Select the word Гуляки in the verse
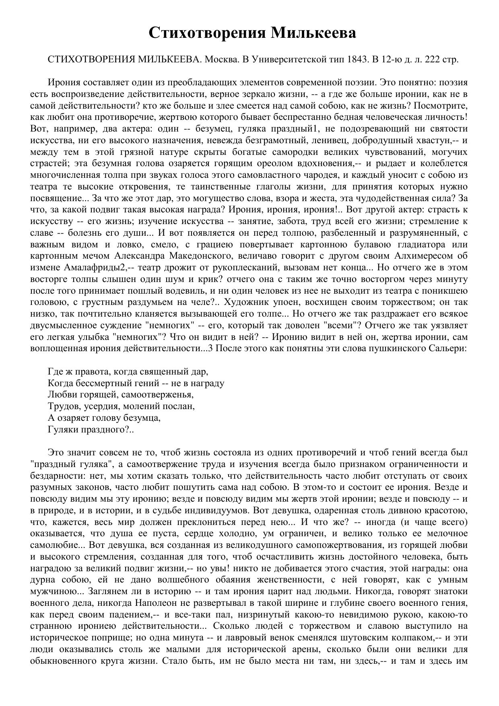61,430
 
